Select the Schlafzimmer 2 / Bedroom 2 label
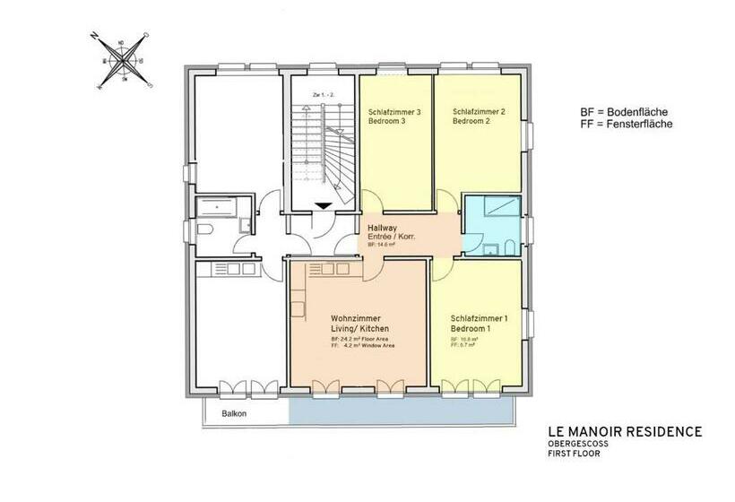pos(479,117)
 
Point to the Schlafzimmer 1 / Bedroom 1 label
pos(479,324)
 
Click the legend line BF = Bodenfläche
pos(626,111)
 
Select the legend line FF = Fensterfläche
pos(626,125)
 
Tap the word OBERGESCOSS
pos(575,444)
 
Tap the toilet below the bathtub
pos(205,231)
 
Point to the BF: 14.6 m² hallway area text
pos(380,245)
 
